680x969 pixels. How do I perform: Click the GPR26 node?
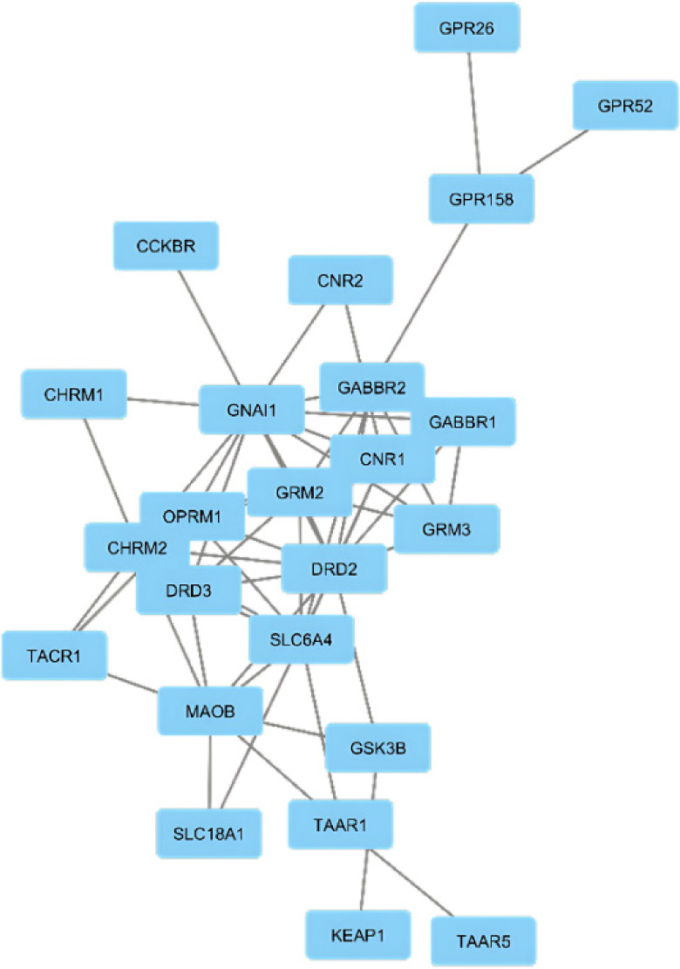(467, 29)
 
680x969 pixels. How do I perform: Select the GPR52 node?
(625, 106)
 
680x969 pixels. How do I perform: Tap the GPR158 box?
(480, 200)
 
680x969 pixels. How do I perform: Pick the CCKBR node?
(166, 246)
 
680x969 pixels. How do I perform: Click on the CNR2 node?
(341, 280)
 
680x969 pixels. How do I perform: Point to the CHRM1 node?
(74, 394)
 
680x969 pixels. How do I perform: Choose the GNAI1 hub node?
(251, 409)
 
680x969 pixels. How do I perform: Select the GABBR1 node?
(463, 423)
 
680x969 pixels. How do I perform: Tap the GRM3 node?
(446, 529)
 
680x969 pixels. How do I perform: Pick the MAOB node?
(210, 711)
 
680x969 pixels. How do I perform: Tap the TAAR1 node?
(341, 824)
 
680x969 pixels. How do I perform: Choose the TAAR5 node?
(483, 940)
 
